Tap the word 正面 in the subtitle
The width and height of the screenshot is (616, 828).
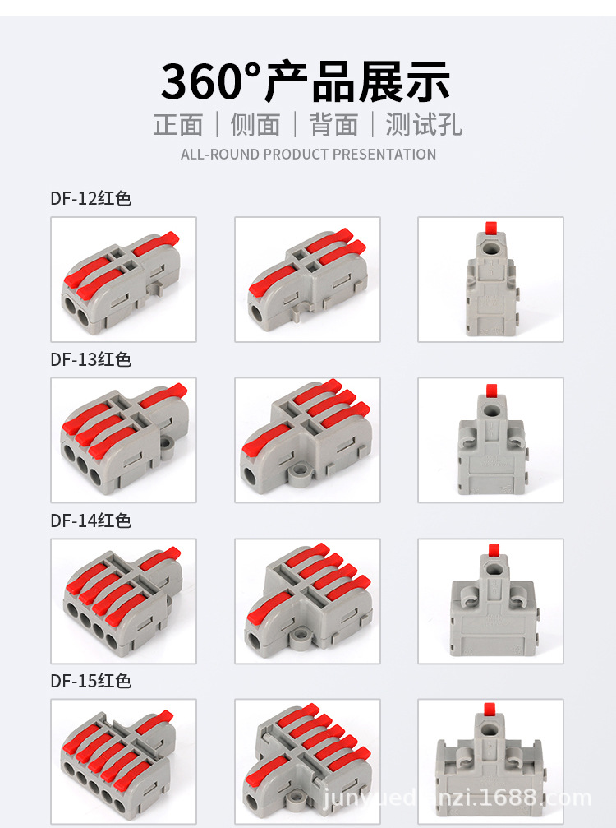178,124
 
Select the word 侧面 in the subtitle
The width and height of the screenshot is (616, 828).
255,124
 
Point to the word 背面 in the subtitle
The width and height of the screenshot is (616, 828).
333,124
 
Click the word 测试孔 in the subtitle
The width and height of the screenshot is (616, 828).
424,124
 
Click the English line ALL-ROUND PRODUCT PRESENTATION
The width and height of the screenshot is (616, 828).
308,154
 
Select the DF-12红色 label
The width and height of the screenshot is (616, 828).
90,198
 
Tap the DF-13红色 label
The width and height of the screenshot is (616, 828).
90,359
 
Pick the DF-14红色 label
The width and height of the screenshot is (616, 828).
90,520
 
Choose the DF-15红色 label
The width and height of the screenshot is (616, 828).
90,681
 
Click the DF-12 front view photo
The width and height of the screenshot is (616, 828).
124,279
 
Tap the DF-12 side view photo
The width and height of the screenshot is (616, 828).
307,279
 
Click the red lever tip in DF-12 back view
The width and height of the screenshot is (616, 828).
493,227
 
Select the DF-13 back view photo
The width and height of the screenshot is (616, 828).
490,440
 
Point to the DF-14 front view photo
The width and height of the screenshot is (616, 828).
124,601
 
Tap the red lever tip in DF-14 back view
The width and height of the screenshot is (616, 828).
494,549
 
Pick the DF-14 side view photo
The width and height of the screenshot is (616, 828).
307,601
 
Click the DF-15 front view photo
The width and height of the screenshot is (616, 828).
124,761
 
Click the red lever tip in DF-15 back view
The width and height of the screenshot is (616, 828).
494,710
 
